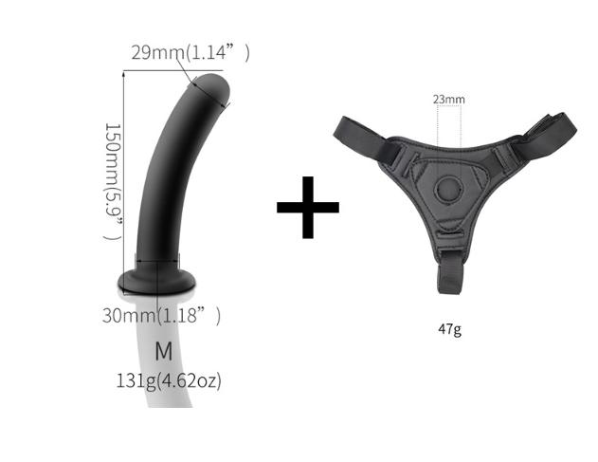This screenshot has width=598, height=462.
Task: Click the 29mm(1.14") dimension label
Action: pyautogui.click(x=190, y=52)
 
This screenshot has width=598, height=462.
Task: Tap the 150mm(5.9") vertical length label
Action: pyautogui.click(x=114, y=182)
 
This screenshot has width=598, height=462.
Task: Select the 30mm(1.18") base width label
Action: pyautogui.click(x=161, y=315)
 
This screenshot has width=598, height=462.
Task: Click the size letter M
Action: pyautogui.click(x=164, y=352)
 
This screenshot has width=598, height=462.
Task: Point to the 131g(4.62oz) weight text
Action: pyautogui.click(x=169, y=380)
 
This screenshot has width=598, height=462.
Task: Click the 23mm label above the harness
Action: pyautogui.click(x=449, y=100)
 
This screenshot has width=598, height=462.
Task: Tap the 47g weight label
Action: pyautogui.click(x=450, y=329)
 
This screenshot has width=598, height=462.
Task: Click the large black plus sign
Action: pyautogui.click(x=308, y=208)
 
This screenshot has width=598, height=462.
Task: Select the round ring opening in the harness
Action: pyautogui.click(x=449, y=189)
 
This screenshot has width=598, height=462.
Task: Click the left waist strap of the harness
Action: pyautogui.click(x=360, y=139)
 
